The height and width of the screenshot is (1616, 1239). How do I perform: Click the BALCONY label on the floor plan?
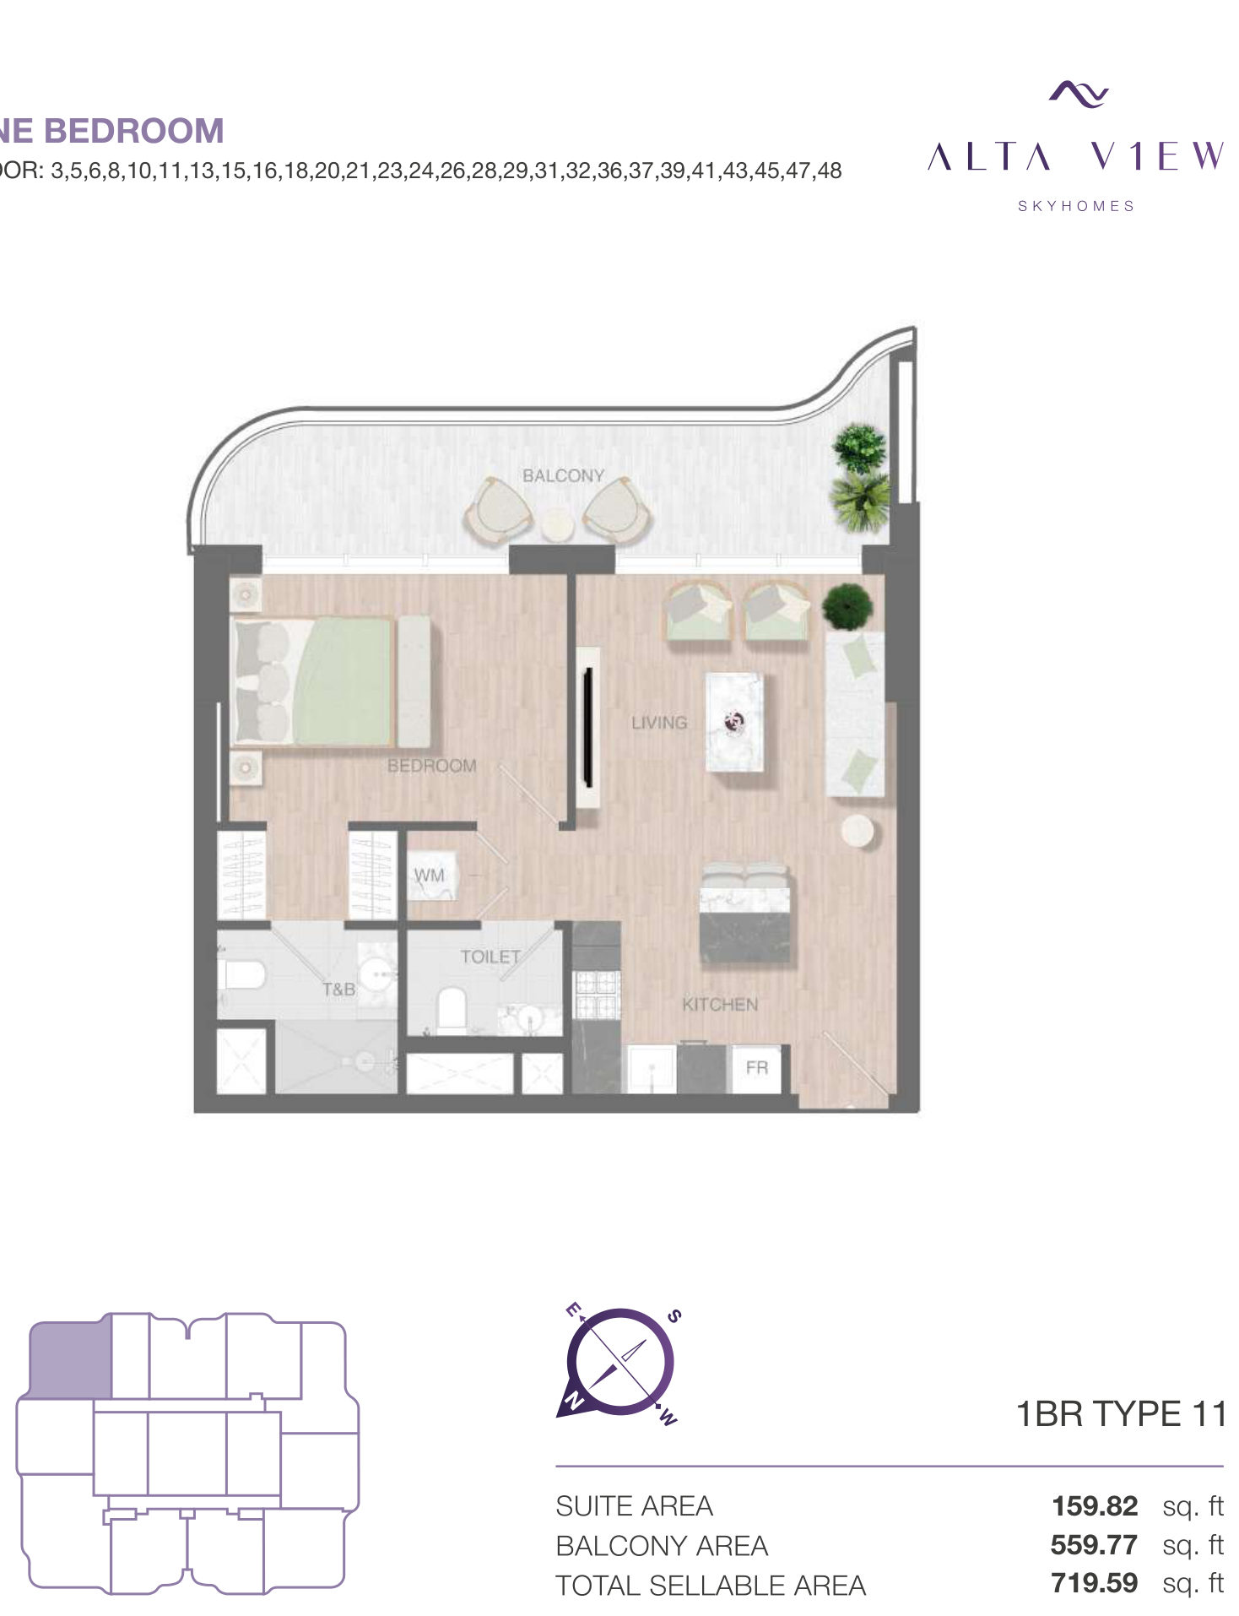[563, 475]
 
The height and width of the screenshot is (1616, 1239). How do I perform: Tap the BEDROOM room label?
[431, 766]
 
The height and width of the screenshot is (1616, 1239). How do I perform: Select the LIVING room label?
[659, 723]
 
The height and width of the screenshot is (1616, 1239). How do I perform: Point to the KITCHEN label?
[720, 1004]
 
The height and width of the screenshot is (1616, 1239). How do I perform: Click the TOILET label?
[490, 957]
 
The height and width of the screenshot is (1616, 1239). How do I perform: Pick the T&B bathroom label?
[338, 989]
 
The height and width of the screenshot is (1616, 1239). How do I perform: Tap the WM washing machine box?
[431, 876]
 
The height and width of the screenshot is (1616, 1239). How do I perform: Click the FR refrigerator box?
[757, 1068]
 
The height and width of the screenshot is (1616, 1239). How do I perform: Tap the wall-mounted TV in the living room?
[587, 726]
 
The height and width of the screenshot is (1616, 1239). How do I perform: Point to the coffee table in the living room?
[734, 721]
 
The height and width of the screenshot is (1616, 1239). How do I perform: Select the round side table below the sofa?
[858, 831]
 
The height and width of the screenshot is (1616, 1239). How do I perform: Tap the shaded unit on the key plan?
[70, 1360]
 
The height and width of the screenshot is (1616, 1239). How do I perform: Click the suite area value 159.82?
[1095, 1505]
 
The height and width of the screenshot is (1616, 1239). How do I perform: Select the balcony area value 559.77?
[1094, 1544]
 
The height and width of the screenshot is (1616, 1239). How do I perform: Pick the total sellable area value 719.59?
[1095, 1582]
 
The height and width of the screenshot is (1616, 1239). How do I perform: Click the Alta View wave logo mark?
[1079, 93]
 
